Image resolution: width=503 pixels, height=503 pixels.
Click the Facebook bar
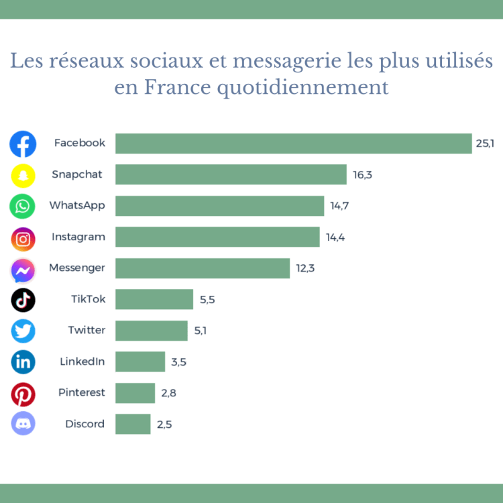293,144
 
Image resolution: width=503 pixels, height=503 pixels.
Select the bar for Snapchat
231,174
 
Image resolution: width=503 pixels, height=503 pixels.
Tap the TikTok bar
154,299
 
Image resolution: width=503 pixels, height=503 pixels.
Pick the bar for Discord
133,424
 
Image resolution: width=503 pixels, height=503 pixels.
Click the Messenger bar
203,268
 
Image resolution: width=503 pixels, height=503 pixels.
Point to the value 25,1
485,144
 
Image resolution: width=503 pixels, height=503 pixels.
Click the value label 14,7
339,206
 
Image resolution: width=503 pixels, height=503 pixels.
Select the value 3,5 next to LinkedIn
178,362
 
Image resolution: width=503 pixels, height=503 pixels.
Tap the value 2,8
168,393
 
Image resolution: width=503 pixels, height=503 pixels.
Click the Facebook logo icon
23,144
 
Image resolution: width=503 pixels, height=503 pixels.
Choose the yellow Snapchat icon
23,176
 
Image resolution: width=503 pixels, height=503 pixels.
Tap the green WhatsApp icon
23,206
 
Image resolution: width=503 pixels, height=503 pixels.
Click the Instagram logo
23,238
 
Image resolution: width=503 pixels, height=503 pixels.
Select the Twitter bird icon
23,331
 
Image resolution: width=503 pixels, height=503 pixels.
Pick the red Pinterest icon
23,394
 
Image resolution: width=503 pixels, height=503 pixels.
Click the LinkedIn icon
23,362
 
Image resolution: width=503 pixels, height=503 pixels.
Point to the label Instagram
78,237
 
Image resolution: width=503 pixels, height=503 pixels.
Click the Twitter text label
87,330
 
